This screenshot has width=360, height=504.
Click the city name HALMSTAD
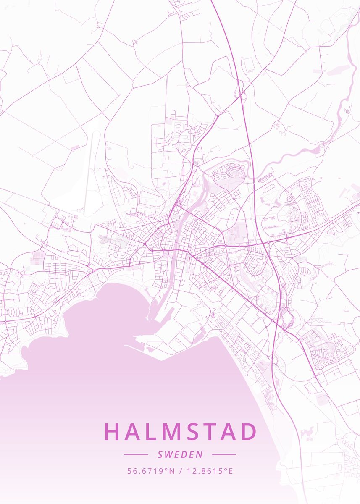(180, 432)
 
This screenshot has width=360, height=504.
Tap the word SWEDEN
(180, 454)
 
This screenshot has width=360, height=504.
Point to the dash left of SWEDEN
(136, 454)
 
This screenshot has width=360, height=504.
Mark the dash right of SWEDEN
(224, 454)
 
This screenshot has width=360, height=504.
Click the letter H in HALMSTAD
(112, 432)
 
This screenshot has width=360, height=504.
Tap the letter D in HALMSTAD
(248, 432)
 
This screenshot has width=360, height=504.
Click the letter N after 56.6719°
(171, 471)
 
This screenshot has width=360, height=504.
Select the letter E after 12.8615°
(230, 471)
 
